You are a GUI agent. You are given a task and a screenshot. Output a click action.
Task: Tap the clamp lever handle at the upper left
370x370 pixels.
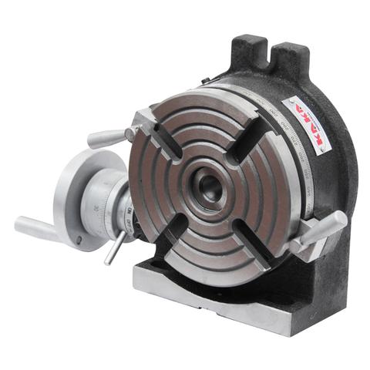pyautogui.click(x=108, y=139)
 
